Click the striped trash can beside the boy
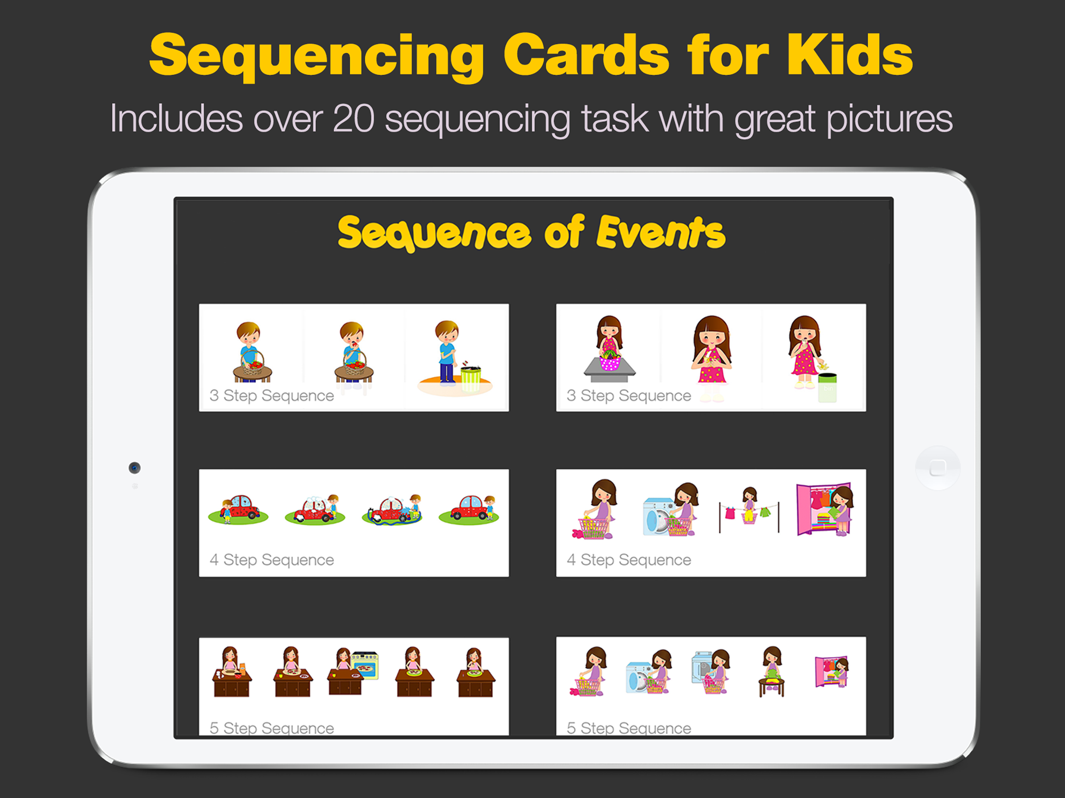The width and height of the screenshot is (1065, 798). (x=471, y=379)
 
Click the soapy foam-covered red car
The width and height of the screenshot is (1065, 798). (x=315, y=510)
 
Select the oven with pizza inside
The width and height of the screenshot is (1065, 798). (x=365, y=666)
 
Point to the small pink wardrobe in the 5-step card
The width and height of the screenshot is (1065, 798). (x=831, y=672)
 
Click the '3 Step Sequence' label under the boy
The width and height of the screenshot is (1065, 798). (x=272, y=395)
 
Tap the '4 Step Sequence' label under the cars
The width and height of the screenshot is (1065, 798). (x=272, y=560)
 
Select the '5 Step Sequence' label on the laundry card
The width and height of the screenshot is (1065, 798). (x=629, y=728)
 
